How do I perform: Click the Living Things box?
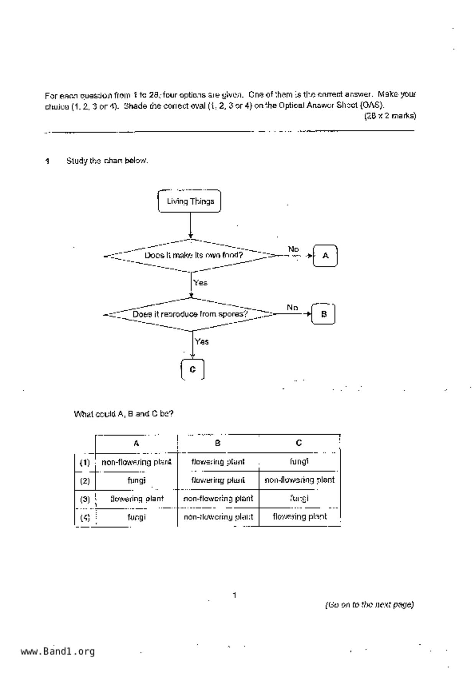tap(190, 201)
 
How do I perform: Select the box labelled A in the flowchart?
tap(325, 256)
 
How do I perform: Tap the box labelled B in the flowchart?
tap(324, 314)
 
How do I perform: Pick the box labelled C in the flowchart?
tap(192, 369)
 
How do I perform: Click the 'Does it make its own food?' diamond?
tap(193, 255)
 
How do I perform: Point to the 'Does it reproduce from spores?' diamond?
tap(190, 314)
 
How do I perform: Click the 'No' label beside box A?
tap(293, 249)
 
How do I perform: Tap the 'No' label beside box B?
tap(292, 307)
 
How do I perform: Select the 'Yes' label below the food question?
tap(201, 283)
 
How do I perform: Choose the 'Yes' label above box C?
tap(202, 341)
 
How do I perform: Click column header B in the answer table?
tap(218, 443)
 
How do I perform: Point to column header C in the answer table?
tap(299, 443)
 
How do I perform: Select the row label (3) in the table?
tap(85, 499)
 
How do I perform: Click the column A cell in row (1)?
tap(136, 462)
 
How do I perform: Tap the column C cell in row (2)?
tap(299, 480)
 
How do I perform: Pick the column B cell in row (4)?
tap(218, 517)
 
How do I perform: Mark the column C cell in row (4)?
tap(299, 516)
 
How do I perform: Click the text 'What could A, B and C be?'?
tap(123, 414)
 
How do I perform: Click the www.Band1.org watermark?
tap(58, 651)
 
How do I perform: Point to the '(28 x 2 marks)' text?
tap(390, 116)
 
